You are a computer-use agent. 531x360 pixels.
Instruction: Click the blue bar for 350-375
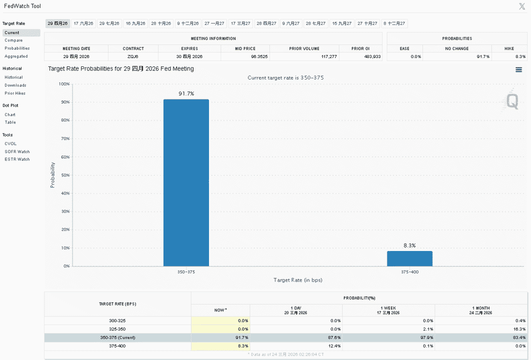point(186,182)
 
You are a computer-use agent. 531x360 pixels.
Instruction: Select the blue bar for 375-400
point(410,258)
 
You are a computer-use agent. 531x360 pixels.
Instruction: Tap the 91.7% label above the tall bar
point(186,93)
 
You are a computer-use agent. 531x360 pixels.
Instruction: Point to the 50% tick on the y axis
point(64,175)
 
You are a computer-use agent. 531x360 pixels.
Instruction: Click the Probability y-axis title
point(52,175)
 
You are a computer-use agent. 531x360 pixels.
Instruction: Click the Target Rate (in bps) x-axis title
point(298,280)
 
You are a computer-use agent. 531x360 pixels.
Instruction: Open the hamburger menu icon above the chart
point(518,69)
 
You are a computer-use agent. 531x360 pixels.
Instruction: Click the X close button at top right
point(522,6)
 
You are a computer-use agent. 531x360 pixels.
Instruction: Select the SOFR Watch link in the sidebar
point(17,151)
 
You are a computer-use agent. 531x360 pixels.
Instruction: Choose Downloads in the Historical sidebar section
point(15,85)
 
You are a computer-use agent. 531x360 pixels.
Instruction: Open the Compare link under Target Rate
point(13,40)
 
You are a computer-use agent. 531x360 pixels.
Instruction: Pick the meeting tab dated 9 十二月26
point(188,23)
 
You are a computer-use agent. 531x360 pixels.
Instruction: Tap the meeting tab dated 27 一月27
point(214,23)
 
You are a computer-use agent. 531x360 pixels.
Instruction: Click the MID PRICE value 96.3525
point(259,56)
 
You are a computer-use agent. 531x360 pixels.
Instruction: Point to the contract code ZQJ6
point(133,56)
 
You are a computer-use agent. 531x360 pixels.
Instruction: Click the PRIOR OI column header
point(360,48)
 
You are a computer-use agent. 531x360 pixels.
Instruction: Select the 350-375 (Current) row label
point(117,337)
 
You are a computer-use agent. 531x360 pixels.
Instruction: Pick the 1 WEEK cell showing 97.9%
point(427,337)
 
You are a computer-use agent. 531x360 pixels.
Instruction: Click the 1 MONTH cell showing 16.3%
point(519,329)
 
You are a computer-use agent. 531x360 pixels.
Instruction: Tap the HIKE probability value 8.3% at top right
point(520,56)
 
